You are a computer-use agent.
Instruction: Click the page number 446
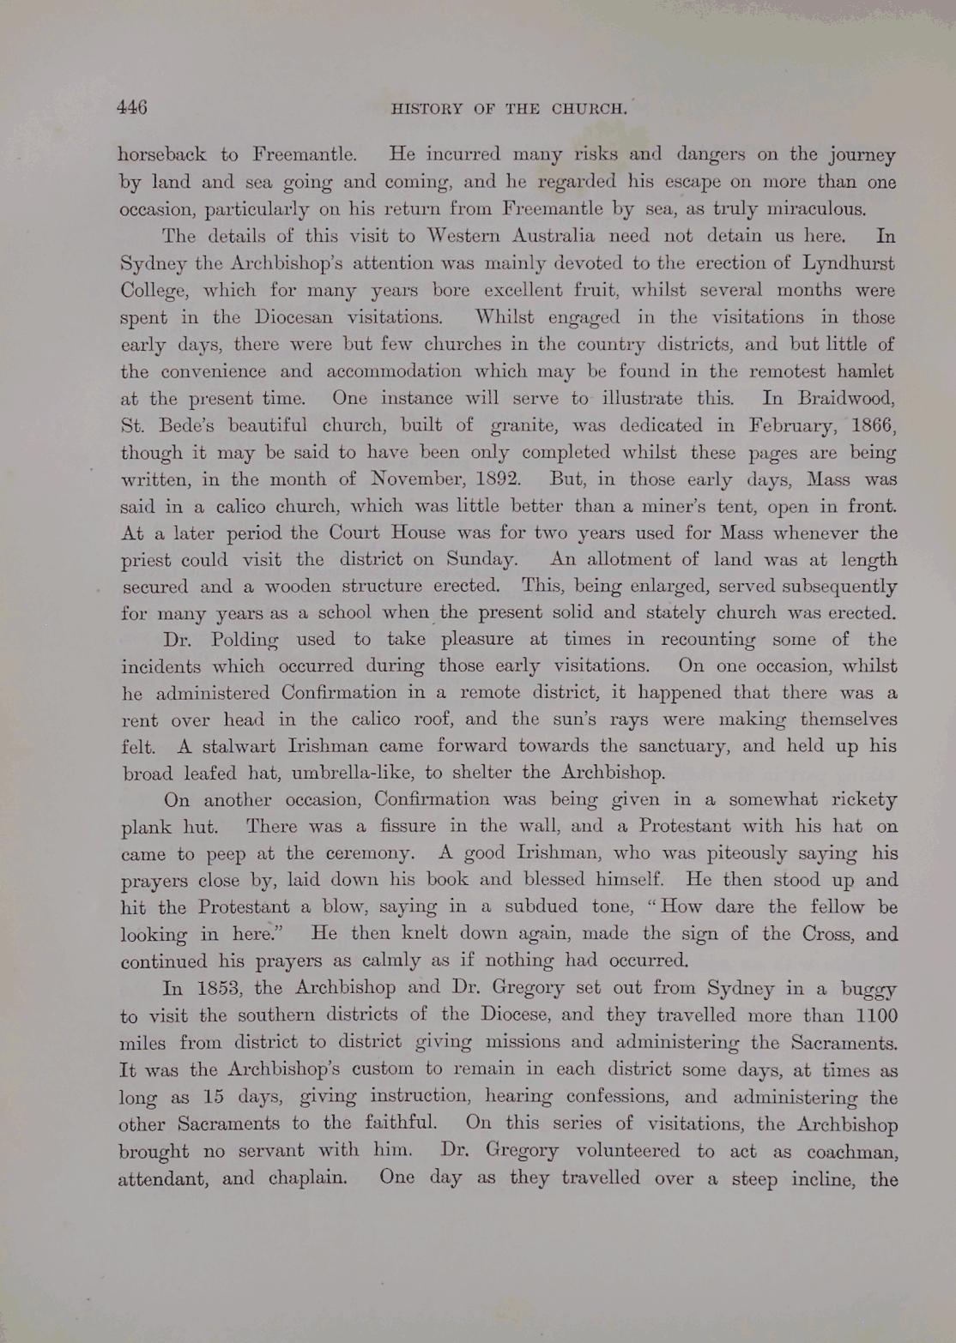[132, 107]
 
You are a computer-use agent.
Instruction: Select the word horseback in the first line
[161, 155]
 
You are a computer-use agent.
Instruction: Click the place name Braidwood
[846, 398]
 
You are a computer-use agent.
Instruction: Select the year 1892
[489, 479]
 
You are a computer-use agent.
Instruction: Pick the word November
[400, 479]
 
